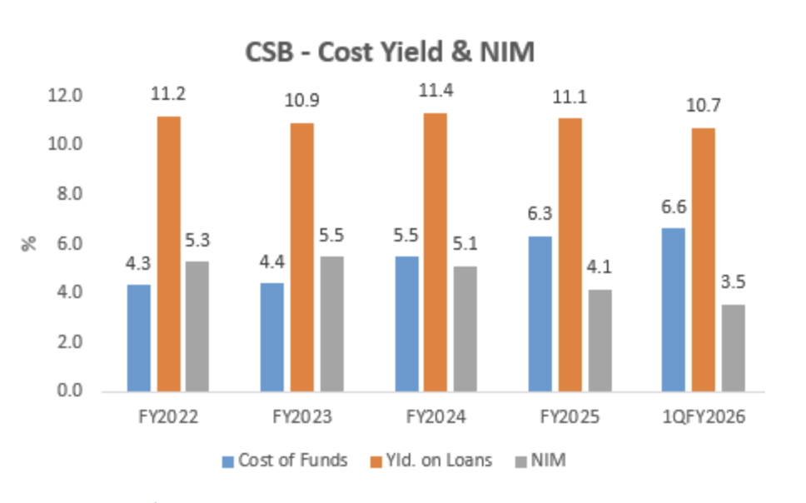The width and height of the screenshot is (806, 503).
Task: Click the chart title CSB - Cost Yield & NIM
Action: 390,52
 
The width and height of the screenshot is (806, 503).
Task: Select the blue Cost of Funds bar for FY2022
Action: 138,338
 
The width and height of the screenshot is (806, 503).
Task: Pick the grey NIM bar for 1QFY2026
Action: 733,348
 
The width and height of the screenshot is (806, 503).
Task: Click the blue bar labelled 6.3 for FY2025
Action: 540,314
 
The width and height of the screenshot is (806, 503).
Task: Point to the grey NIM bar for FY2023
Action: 331,324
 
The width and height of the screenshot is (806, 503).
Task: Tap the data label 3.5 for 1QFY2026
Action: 733,283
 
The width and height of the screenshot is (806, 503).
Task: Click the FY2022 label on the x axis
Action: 168,417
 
